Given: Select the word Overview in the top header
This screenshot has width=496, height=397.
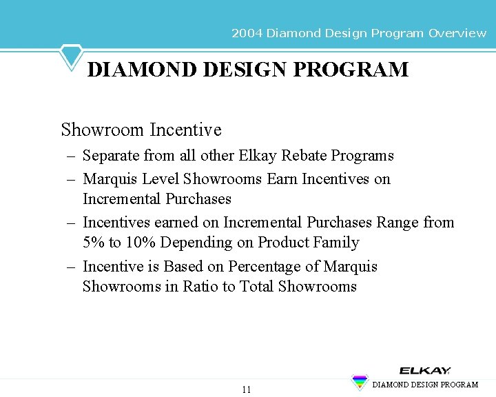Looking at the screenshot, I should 457,33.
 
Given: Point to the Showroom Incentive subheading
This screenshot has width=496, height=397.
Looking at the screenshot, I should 141,130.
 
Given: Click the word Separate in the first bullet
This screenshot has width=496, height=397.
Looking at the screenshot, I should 111,156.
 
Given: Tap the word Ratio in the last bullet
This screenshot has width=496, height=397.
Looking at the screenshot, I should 200,287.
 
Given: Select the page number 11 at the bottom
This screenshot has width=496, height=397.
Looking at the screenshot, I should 247,390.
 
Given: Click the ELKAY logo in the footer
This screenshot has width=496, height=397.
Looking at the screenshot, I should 425,371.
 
